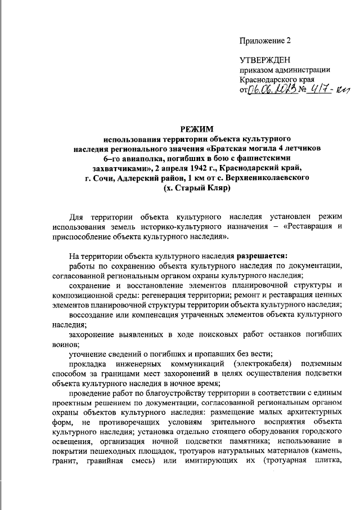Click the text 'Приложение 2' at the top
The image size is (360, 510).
tap(266, 41)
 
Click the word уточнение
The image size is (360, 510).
tap(90, 352)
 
